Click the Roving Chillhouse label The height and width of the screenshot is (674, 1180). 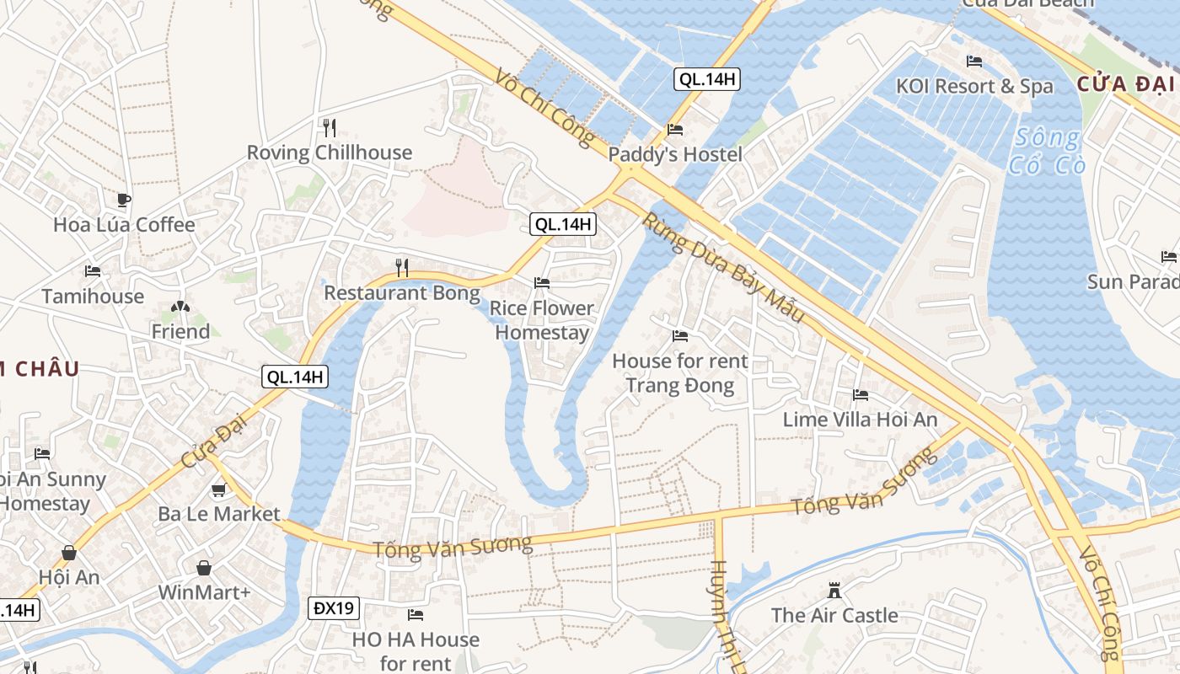click(x=330, y=152)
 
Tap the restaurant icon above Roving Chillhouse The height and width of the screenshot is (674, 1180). click(x=330, y=128)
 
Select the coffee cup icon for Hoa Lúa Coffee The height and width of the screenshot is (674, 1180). click(x=124, y=201)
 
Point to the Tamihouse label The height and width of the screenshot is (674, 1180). click(x=93, y=297)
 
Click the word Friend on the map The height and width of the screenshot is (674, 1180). click(x=180, y=332)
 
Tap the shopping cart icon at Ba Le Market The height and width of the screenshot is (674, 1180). click(x=219, y=489)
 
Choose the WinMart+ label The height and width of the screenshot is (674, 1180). click(x=205, y=592)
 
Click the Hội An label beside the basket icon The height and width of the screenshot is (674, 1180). click(x=69, y=577)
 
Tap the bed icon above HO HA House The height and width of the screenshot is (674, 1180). click(x=416, y=615)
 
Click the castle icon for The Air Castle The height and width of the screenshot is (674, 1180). click(x=834, y=591)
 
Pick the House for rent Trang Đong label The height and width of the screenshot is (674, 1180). click(x=679, y=373)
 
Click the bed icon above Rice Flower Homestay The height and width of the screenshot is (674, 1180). click(x=542, y=283)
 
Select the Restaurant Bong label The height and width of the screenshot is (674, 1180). click(x=402, y=293)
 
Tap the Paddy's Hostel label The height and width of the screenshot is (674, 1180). click(x=675, y=154)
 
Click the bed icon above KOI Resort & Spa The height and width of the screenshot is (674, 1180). click(x=974, y=62)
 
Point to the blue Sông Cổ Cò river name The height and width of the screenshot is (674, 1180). click(x=1045, y=150)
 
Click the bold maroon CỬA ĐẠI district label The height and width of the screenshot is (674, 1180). click(x=1125, y=84)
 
